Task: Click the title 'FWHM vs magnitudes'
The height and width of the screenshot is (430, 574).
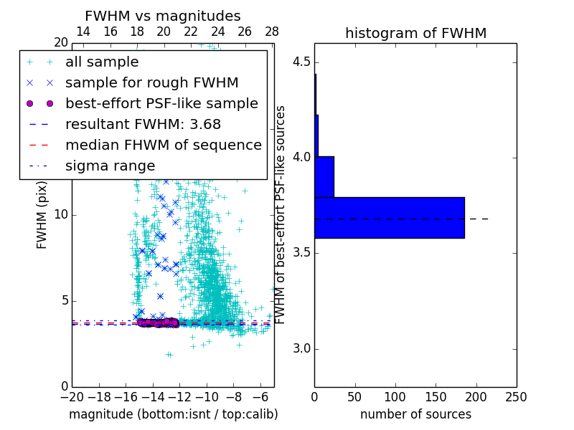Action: pyautogui.click(x=163, y=16)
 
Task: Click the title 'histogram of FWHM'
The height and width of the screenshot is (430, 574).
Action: pyautogui.click(x=415, y=33)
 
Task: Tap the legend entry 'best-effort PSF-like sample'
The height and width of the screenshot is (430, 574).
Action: pyautogui.click(x=161, y=104)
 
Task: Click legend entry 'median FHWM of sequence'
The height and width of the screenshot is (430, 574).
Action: pyautogui.click(x=163, y=145)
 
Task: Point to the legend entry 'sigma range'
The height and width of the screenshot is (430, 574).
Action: pyautogui.click(x=110, y=166)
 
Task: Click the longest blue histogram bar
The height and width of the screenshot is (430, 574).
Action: pyautogui.click(x=390, y=217)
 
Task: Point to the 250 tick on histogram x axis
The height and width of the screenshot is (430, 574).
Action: pyautogui.click(x=516, y=396)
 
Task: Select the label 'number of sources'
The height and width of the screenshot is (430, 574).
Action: pyautogui.click(x=415, y=414)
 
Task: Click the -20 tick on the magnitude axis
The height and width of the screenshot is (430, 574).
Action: pyautogui.click(x=72, y=396)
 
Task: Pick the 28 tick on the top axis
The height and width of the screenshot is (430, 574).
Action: pyautogui.click(x=272, y=32)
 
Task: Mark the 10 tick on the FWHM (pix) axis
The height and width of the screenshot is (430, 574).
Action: pyautogui.click(x=61, y=215)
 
